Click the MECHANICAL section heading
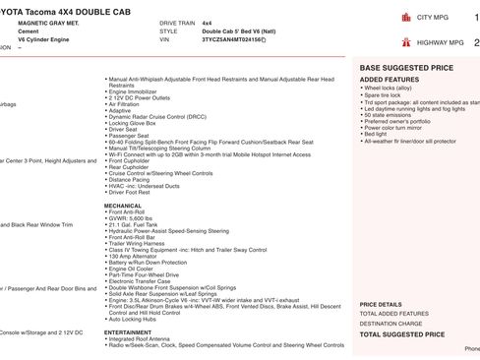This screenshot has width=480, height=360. coord(123,178)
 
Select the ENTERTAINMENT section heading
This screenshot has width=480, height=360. coord(128,332)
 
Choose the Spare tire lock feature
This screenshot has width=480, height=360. coord(385,93)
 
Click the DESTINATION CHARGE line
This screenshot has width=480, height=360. coord(391,323)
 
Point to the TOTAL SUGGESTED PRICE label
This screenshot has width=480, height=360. coord(401,334)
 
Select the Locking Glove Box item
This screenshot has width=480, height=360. coord(135,122)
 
